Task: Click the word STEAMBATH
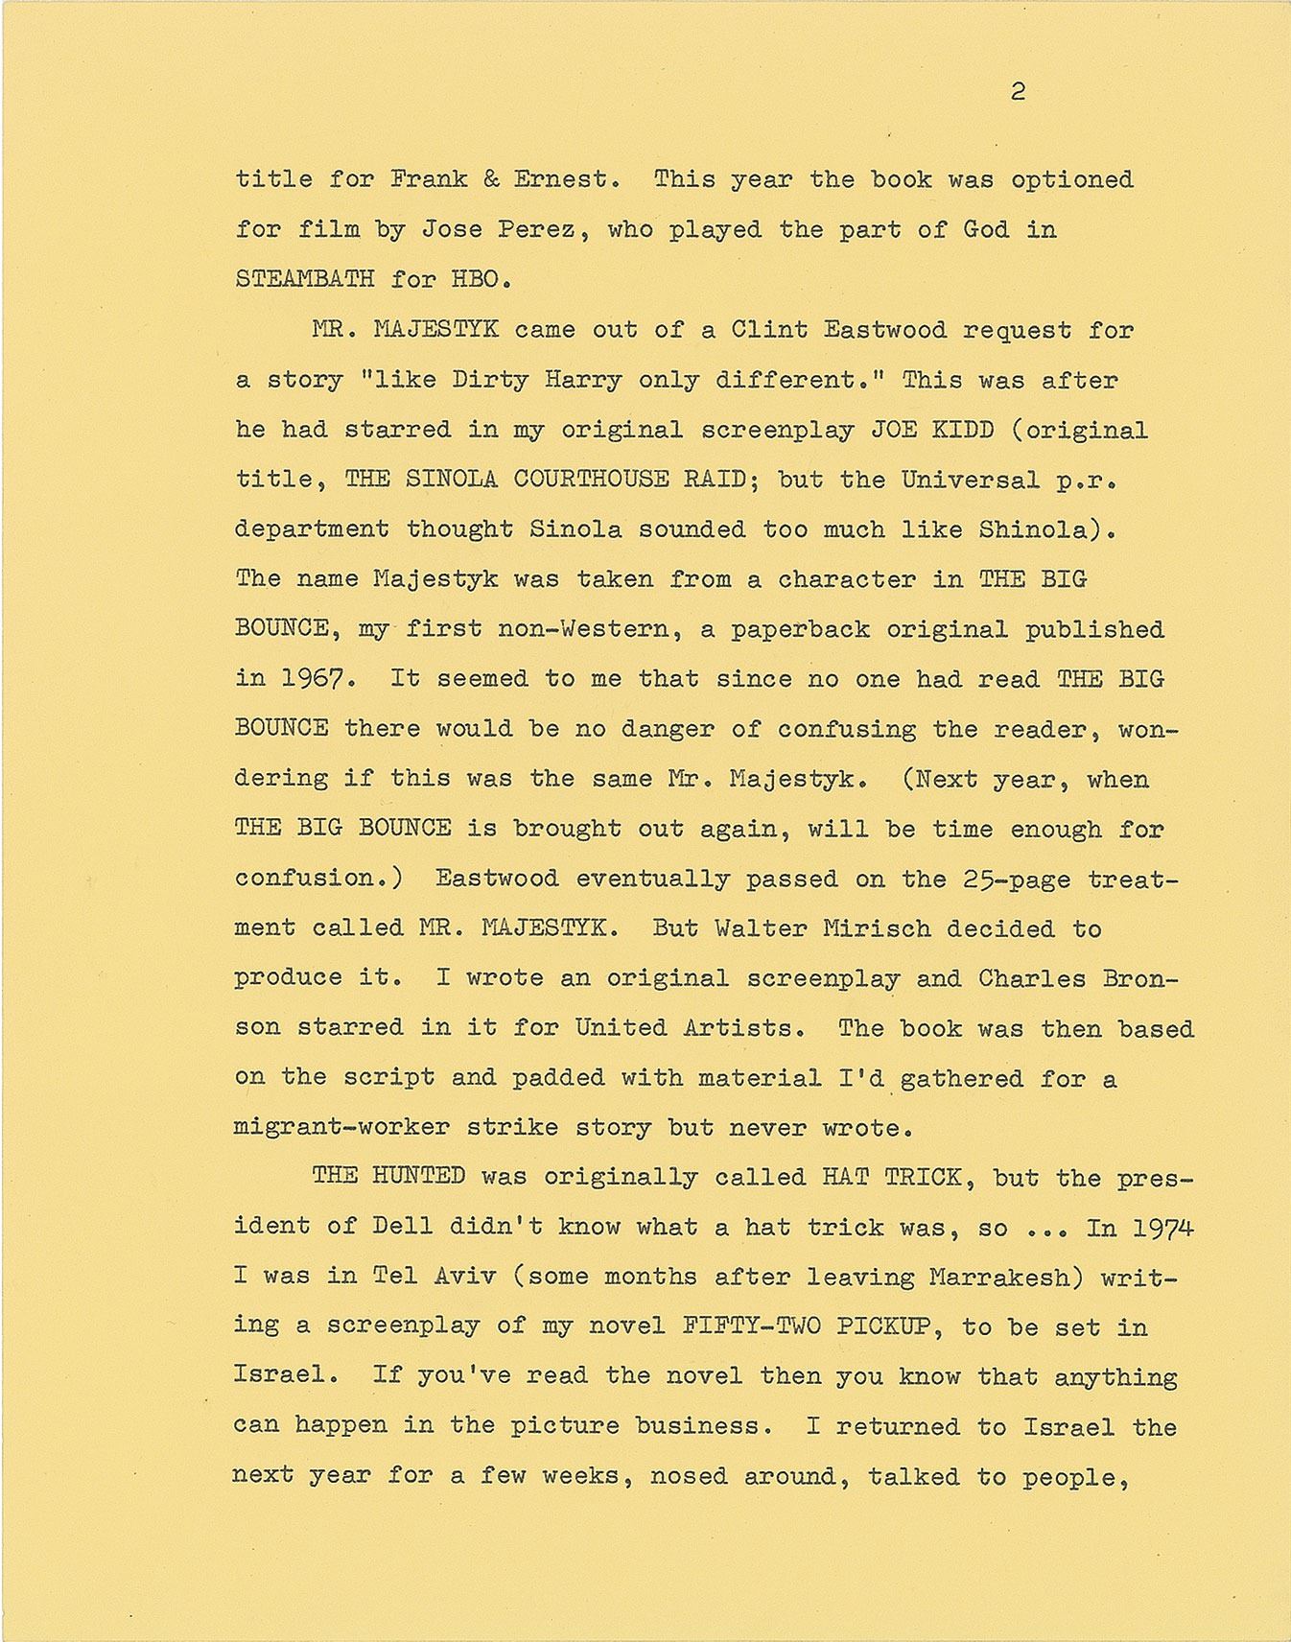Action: coord(304,279)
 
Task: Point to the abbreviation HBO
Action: coord(476,279)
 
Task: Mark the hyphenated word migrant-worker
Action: coord(342,1128)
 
